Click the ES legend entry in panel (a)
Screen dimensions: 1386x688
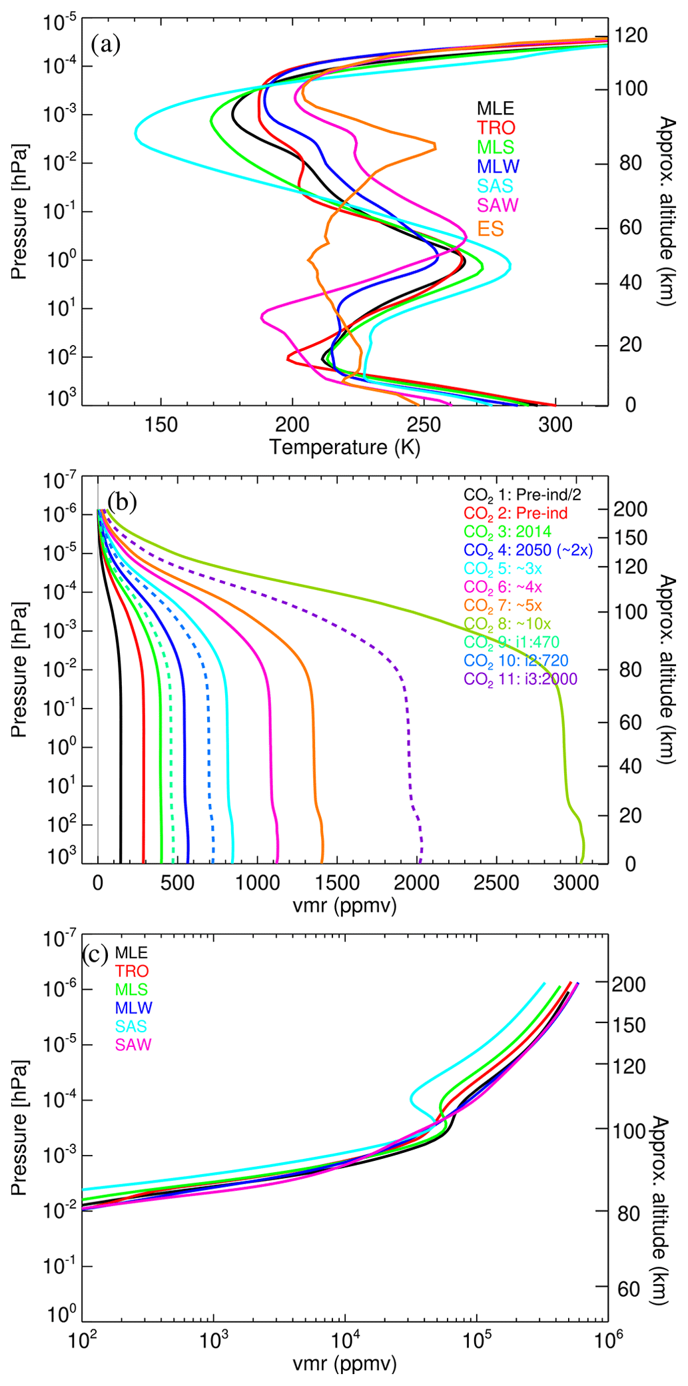click(490, 229)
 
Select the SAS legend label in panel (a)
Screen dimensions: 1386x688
click(495, 186)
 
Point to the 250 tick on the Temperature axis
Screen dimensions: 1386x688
click(424, 424)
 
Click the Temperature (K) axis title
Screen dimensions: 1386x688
click(344, 447)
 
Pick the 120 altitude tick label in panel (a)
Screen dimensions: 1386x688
click(631, 35)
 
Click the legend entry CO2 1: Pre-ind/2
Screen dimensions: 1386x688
click(522, 495)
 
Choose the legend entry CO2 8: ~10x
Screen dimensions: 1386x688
click(508, 624)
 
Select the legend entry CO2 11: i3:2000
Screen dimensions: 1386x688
click(521, 679)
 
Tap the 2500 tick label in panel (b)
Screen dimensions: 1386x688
click(496, 883)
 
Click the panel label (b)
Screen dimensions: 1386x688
click(123, 502)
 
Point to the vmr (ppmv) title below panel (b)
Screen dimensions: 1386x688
click(344, 905)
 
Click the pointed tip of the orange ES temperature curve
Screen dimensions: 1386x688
click(436, 146)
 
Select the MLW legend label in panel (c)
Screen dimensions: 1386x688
click(133, 1008)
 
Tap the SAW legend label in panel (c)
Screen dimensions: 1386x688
click(133, 1044)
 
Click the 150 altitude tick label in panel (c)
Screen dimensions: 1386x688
click(629, 1024)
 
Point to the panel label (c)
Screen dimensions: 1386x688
click(95, 954)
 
